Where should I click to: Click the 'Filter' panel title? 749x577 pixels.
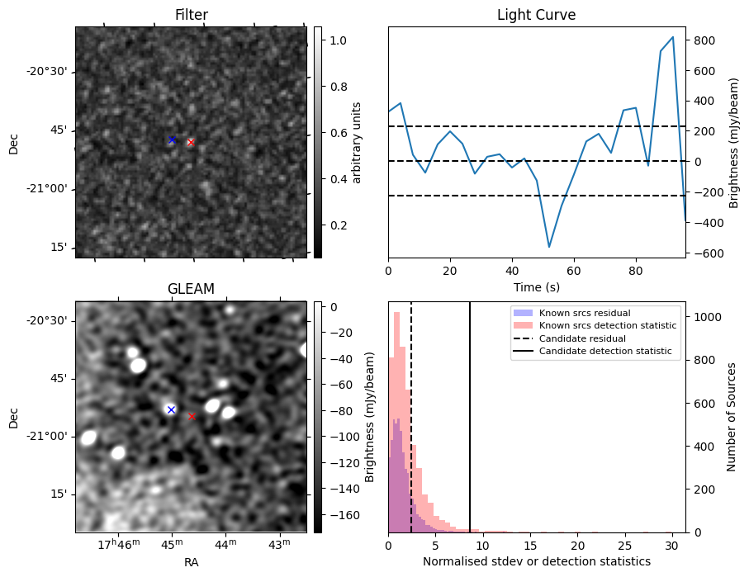coord(191,15)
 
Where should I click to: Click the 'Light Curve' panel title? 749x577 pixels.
coord(536,15)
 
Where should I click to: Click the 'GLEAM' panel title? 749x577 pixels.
coord(191,289)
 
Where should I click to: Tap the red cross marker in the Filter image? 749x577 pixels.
coord(191,142)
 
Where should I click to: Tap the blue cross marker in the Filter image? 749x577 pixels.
coord(172,140)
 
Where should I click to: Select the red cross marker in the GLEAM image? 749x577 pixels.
coord(192,417)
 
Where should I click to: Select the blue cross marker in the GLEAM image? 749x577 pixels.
coord(171,409)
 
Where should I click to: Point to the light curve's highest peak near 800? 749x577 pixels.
coord(673,37)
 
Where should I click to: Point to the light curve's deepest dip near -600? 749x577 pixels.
coord(549,247)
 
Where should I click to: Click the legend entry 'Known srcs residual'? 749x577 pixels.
coord(584,313)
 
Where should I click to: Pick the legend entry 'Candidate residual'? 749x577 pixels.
coord(582,338)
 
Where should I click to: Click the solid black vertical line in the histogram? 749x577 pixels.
coord(470,413)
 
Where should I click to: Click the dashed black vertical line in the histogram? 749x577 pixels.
coord(411,413)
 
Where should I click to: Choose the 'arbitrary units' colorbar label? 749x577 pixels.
coord(357,142)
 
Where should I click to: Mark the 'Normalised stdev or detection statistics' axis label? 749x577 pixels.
coord(536,561)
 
